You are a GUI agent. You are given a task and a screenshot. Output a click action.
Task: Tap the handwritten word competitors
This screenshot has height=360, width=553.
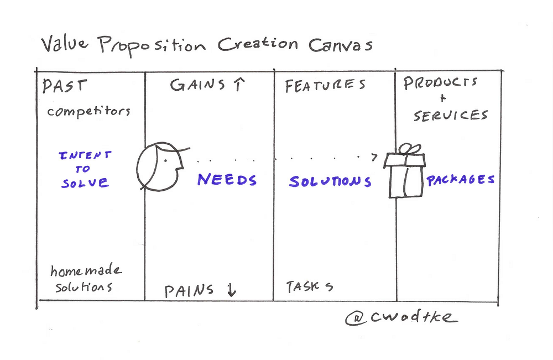click(88, 111)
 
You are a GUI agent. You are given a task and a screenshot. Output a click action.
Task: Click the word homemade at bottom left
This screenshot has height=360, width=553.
click(86, 271)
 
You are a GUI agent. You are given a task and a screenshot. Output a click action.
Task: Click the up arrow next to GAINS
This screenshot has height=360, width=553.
click(238, 85)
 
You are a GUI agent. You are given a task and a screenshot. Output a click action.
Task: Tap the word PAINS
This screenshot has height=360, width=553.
click(189, 290)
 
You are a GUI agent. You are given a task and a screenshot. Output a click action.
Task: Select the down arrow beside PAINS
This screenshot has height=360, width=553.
click(231, 290)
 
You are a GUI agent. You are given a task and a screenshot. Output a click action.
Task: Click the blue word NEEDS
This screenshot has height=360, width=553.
click(227, 180)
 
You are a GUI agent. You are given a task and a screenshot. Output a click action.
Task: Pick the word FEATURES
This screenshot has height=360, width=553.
click(325, 86)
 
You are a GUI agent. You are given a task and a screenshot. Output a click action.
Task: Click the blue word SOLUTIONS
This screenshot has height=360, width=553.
click(330, 181)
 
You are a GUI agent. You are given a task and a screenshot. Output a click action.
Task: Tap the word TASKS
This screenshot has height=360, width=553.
click(309, 287)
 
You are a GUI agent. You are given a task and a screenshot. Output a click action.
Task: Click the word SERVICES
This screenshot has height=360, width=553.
click(451, 115)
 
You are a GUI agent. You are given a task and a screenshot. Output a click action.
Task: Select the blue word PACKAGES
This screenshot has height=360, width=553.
click(460, 180)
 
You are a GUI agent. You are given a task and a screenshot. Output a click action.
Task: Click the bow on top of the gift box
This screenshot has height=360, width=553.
click(410, 149)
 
